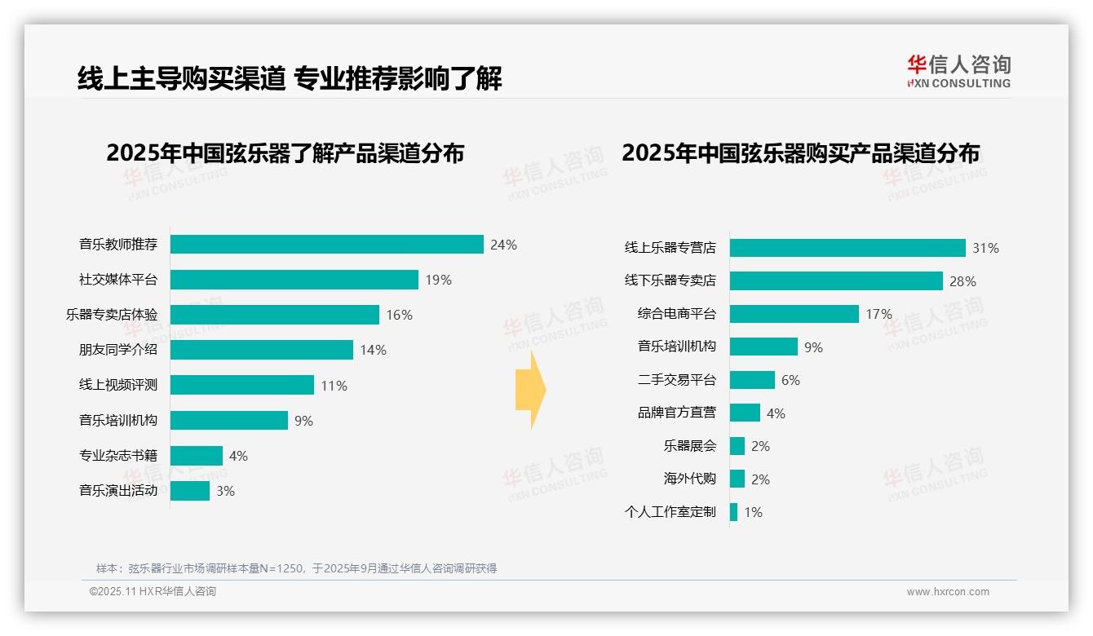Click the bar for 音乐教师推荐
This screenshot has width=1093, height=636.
326,245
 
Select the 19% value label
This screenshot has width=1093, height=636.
438,280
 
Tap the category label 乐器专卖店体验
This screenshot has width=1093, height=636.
112,315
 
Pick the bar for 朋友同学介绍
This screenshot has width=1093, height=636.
261,350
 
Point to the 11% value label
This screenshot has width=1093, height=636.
334,386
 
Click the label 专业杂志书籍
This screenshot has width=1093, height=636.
118,456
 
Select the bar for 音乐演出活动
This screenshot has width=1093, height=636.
190,491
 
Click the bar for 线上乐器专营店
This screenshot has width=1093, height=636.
847,248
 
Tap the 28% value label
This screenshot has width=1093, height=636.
962,281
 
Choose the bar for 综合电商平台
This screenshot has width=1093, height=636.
794,314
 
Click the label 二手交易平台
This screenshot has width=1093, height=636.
677,380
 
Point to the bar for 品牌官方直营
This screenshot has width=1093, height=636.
745,413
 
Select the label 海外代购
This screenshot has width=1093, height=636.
690,479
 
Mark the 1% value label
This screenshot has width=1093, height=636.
753,513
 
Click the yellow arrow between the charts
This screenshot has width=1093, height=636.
530,390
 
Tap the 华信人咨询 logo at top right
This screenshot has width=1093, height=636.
958,71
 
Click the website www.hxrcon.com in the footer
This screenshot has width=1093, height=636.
948,592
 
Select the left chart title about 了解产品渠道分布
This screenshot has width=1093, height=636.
285,153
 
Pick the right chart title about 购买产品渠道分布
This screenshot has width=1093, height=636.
800,153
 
